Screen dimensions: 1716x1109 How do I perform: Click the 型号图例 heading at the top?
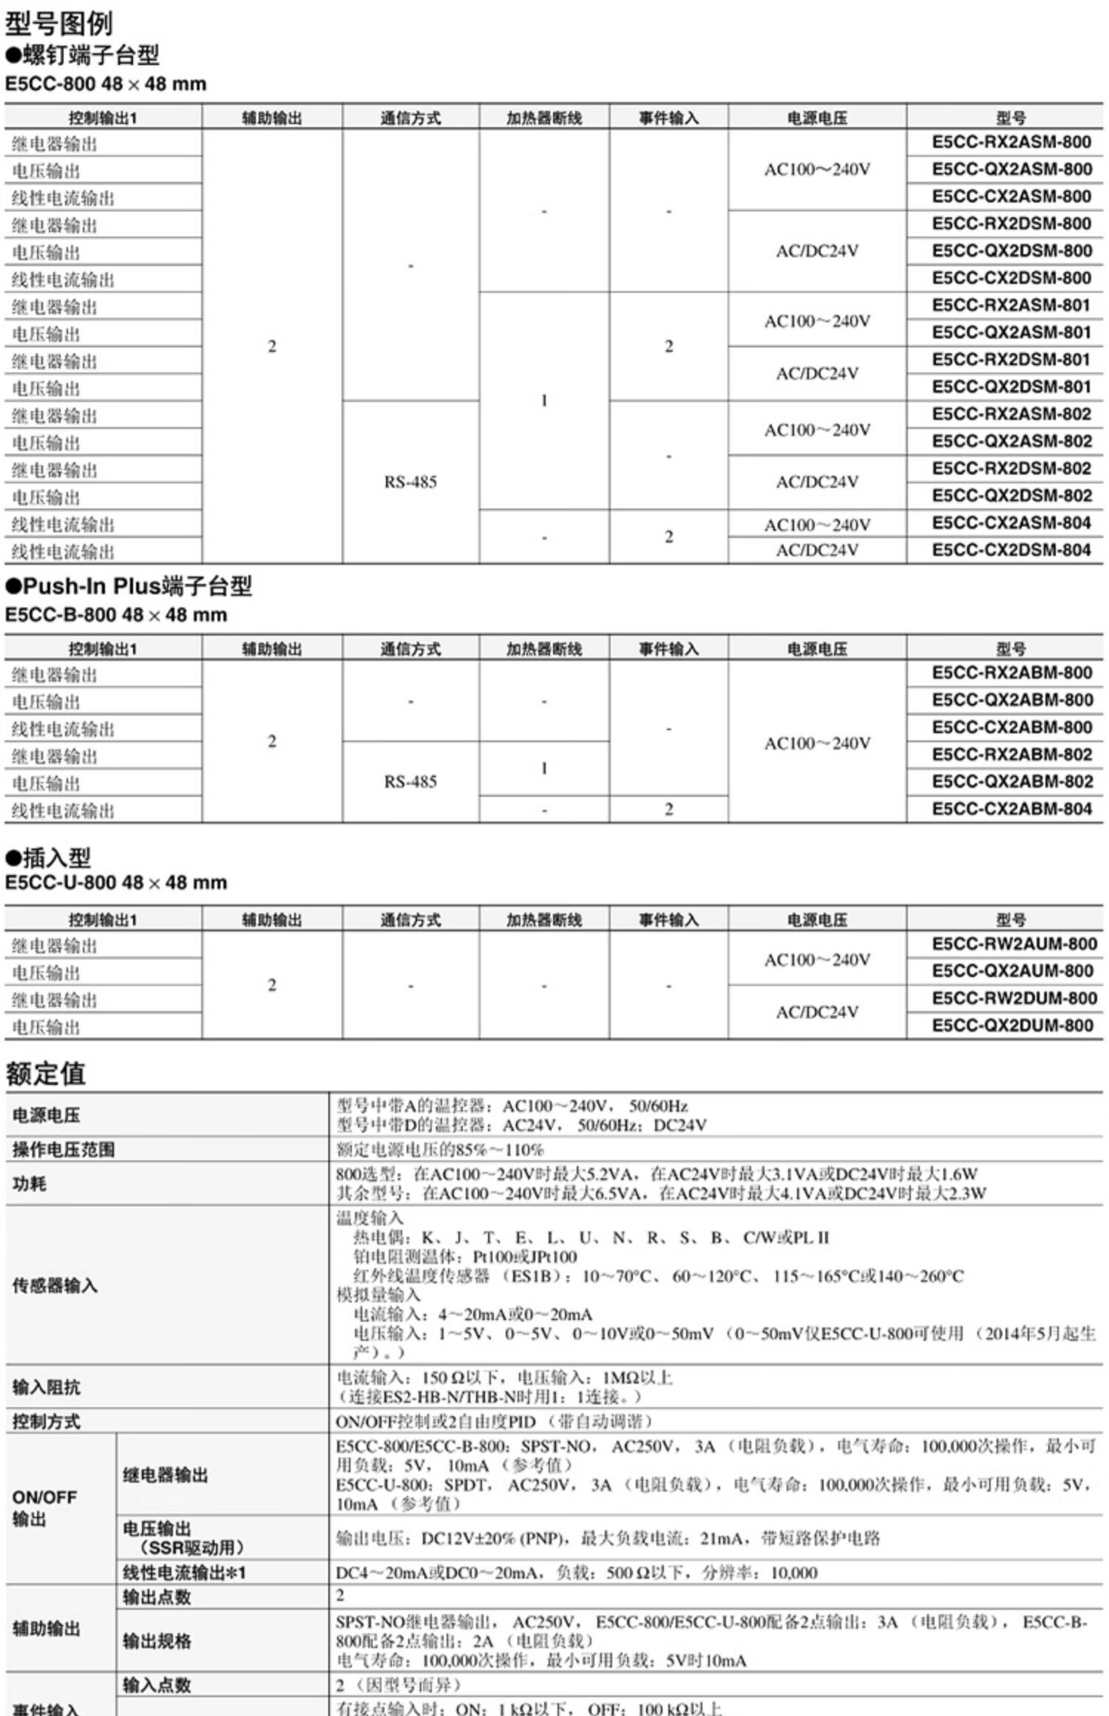tap(59, 24)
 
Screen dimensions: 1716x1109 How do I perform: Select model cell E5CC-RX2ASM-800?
tap(1011, 142)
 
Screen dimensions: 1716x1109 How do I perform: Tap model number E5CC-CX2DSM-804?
tap(1011, 550)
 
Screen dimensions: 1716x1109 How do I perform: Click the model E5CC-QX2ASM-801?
tap(1011, 333)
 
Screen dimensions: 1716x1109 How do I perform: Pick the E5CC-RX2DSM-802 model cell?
tap(1011, 469)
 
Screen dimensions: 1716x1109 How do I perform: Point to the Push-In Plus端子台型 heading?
tap(129, 586)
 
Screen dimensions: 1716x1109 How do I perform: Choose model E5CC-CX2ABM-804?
tap(1011, 809)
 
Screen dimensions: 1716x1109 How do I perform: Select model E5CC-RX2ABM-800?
tap(1011, 673)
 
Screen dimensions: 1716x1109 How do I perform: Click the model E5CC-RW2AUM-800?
tap(1014, 944)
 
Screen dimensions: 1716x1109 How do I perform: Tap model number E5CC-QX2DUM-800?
tap(1011, 1026)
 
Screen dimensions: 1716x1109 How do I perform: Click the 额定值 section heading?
tap(46, 1073)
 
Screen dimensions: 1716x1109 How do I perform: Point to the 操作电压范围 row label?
tap(64, 1149)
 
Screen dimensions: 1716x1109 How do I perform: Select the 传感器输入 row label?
tap(55, 1286)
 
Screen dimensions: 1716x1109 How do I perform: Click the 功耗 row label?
tap(30, 1184)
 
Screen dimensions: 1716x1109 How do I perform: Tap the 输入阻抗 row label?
tap(46, 1387)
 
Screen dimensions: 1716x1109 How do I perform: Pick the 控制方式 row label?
tap(46, 1421)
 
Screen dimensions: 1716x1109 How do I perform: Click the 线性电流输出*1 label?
tap(184, 1573)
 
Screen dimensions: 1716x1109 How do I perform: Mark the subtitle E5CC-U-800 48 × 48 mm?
tap(116, 882)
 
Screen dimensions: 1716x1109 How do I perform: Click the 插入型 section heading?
tap(49, 857)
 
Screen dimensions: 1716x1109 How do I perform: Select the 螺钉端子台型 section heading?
tap(83, 55)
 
